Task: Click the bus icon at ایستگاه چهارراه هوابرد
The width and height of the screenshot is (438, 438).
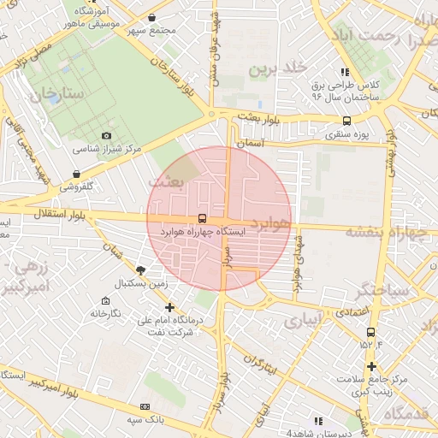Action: click(201, 218)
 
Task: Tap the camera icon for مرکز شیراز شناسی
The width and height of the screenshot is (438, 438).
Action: click(106, 135)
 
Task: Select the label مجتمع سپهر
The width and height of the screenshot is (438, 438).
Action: click(151, 31)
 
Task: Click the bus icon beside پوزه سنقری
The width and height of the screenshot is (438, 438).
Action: click(346, 121)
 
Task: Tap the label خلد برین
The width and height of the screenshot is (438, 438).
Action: click(276, 69)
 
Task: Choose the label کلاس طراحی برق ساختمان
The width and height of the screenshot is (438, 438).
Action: click(344, 92)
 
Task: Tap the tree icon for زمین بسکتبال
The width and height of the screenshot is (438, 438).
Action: click(140, 269)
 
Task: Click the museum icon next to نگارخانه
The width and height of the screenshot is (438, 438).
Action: click(105, 300)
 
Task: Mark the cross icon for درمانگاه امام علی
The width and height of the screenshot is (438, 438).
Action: click(169, 307)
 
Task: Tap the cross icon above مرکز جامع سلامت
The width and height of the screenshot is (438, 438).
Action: click(370, 366)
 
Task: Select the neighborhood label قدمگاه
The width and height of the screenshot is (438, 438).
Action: click(409, 413)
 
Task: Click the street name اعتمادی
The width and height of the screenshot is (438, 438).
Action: click(352, 312)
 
